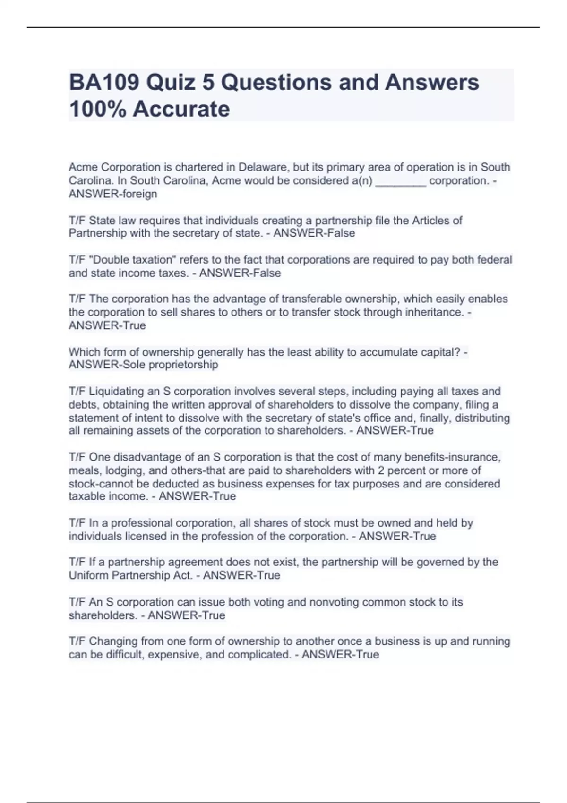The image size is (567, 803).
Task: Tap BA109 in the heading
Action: tap(104, 83)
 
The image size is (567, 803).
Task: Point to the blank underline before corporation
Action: tap(401, 181)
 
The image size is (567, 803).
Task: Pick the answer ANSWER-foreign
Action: tap(113, 194)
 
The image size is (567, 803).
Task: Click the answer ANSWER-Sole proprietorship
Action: tap(144, 365)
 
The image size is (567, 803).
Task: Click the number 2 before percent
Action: tap(380, 470)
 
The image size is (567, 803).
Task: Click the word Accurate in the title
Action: tap(181, 109)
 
